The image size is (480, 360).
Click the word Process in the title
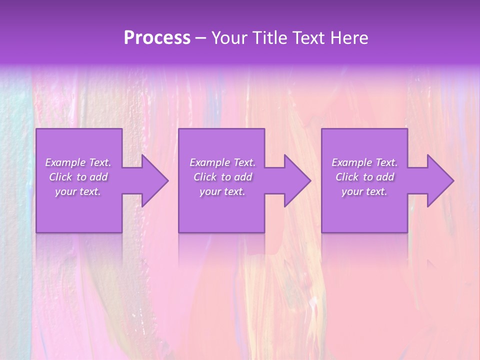[x=157, y=38]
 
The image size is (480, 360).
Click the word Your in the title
[x=229, y=38]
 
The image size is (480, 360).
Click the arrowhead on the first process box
[x=153, y=180]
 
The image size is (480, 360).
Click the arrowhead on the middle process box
[x=295, y=180]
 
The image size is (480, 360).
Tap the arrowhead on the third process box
[x=438, y=180]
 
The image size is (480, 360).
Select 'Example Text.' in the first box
[x=78, y=162]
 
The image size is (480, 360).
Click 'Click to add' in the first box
[x=78, y=177]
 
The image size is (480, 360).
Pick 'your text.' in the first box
[x=78, y=191]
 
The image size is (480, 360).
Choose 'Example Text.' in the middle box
[x=222, y=162]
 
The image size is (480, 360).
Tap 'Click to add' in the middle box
[x=222, y=177]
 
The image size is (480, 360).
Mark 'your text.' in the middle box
[x=222, y=191]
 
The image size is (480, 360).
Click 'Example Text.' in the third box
[x=364, y=162]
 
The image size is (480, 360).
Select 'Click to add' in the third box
[x=364, y=177]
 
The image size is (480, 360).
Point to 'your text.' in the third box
[x=364, y=191]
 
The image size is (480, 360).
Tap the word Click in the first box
[x=60, y=177]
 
